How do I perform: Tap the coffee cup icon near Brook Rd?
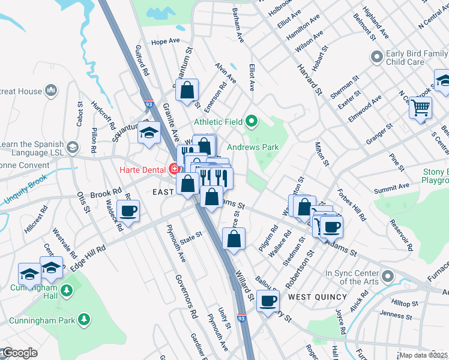tap(128, 211)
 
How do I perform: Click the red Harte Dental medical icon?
tap(175, 169)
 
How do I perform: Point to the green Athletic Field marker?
tap(251, 122)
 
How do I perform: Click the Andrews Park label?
tap(253, 147)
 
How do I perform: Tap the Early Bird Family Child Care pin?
tap(377, 58)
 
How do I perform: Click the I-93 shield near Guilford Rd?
tap(148, 104)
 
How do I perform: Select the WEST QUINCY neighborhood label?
tap(317, 297)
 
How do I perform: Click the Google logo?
tap(19, 353)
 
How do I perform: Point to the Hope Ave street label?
tap(166, 41)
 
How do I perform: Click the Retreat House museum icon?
tap(50, 91)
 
